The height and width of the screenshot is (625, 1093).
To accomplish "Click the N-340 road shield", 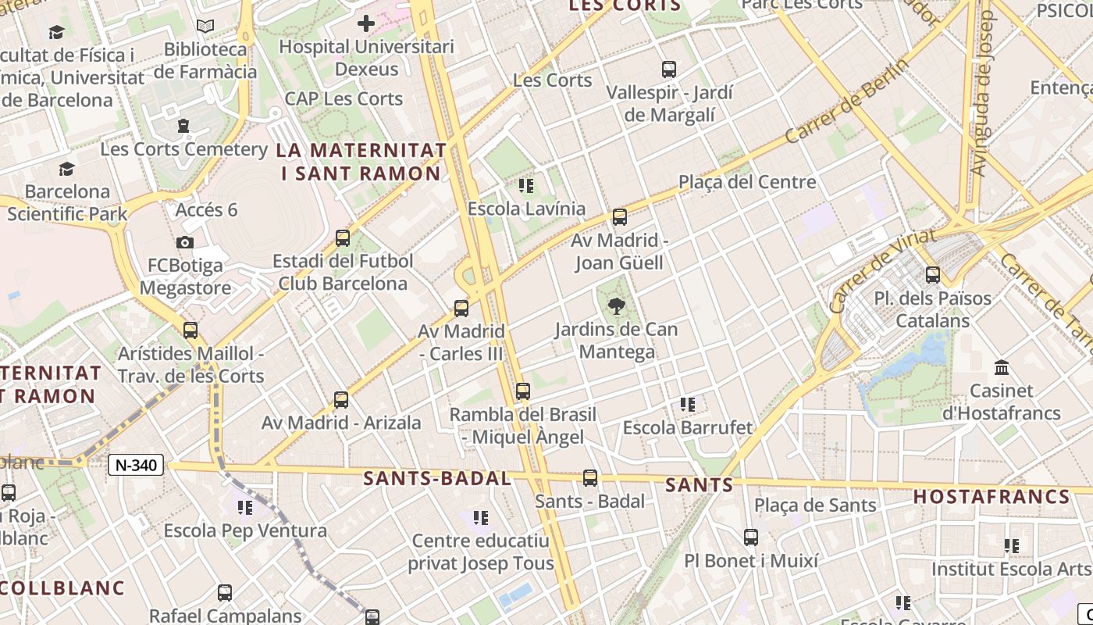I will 136,466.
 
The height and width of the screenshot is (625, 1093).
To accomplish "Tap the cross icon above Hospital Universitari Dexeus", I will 365,23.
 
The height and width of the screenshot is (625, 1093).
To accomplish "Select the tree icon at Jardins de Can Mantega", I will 617,305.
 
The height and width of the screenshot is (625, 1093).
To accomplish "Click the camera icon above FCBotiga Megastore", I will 185,242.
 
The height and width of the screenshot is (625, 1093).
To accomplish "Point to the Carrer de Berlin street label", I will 846,101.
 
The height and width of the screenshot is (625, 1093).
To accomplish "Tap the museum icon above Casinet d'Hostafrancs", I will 1002,367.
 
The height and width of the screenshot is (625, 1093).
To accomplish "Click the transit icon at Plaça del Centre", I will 620,216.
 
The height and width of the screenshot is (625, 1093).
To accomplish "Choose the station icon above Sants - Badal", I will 590,477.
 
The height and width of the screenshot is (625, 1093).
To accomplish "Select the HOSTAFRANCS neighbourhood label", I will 992,497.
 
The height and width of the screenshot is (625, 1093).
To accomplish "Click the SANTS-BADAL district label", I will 437,479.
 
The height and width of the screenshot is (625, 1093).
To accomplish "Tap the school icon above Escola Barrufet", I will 687,404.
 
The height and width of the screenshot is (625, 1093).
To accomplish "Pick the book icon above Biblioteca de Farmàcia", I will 205,27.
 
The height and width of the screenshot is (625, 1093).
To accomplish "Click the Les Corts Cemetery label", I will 184,148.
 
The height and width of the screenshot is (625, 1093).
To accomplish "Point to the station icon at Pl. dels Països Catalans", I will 933,274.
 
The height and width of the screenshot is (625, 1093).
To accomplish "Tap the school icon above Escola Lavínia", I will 525,186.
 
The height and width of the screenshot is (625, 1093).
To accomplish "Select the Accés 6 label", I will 206,209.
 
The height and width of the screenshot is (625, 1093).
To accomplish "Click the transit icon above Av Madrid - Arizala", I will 341,400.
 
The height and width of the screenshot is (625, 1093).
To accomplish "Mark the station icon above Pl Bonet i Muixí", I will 751,537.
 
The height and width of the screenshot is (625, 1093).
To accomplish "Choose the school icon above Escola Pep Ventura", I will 245,508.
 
